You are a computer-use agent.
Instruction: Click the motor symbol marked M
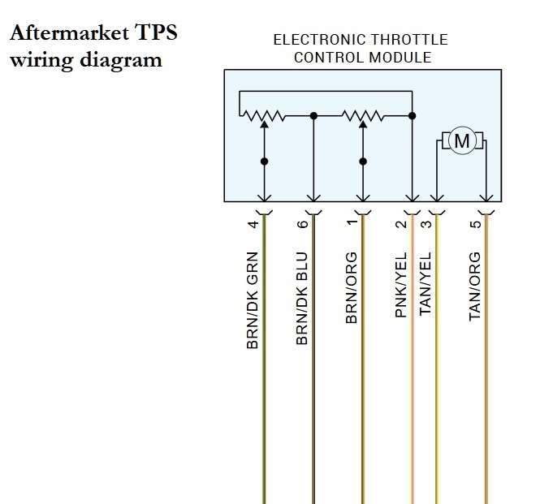point(461,142)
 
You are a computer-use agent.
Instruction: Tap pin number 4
point(253,223)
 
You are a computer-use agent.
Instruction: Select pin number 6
point(303,223)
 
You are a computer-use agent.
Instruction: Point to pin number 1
point(352,223)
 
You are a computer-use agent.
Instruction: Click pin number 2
point(401,223)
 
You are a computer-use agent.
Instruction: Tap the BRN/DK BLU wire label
point(303,300)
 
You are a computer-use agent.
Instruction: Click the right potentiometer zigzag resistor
point(362,116)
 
